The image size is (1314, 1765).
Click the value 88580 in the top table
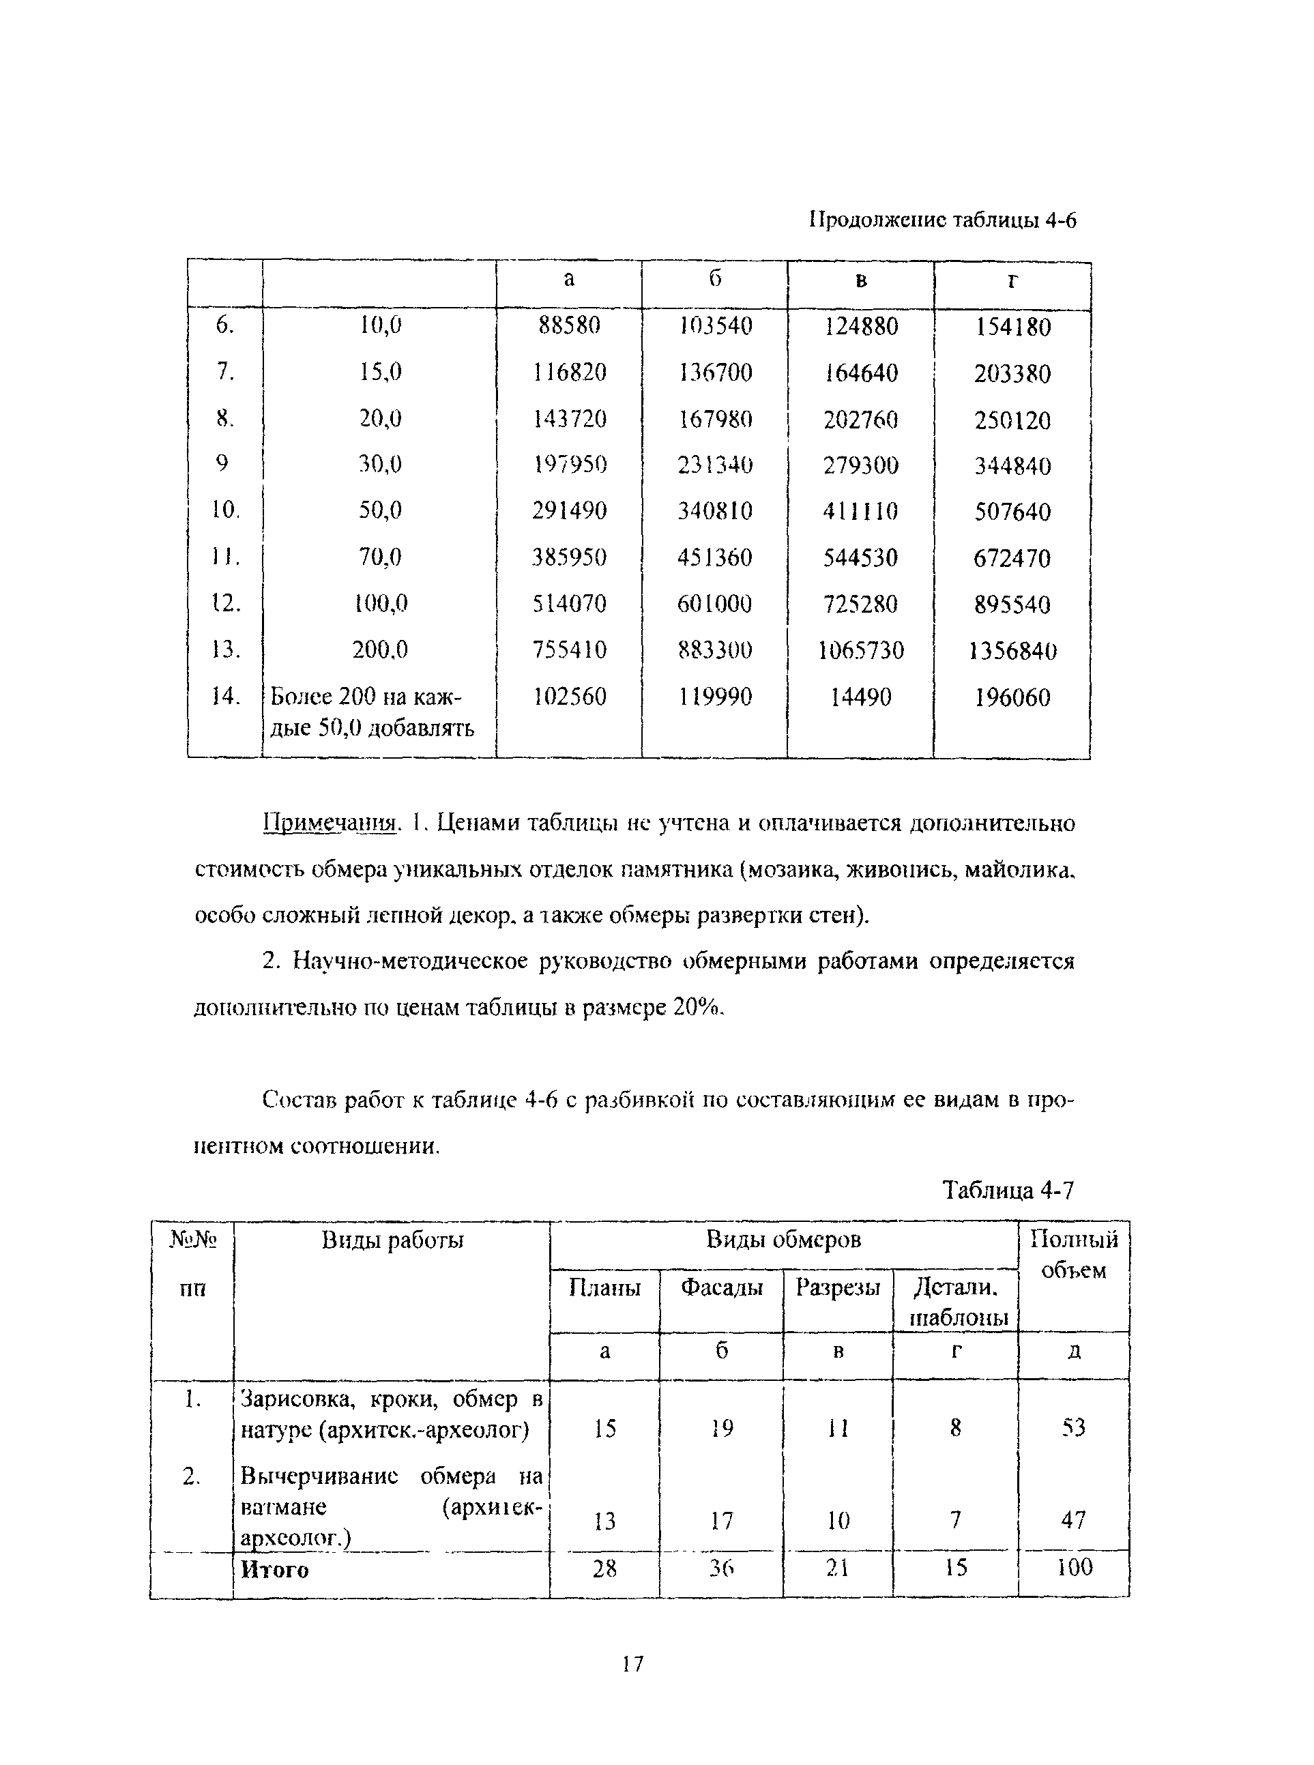(569, 325)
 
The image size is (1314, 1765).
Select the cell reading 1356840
(1012, 652)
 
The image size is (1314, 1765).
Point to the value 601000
(714, 604)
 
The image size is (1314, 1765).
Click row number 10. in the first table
(225, 510)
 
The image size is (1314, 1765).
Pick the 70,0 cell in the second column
(380, 557)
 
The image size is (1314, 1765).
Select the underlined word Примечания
(330, 823)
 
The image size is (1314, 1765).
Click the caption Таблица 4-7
(1008, 1191)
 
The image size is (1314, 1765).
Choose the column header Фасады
(721, 1287)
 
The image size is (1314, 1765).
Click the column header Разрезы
(838, 1287)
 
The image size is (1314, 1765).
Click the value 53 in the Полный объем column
(1074, 1428)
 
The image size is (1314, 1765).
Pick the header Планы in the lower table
(604, 1287)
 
